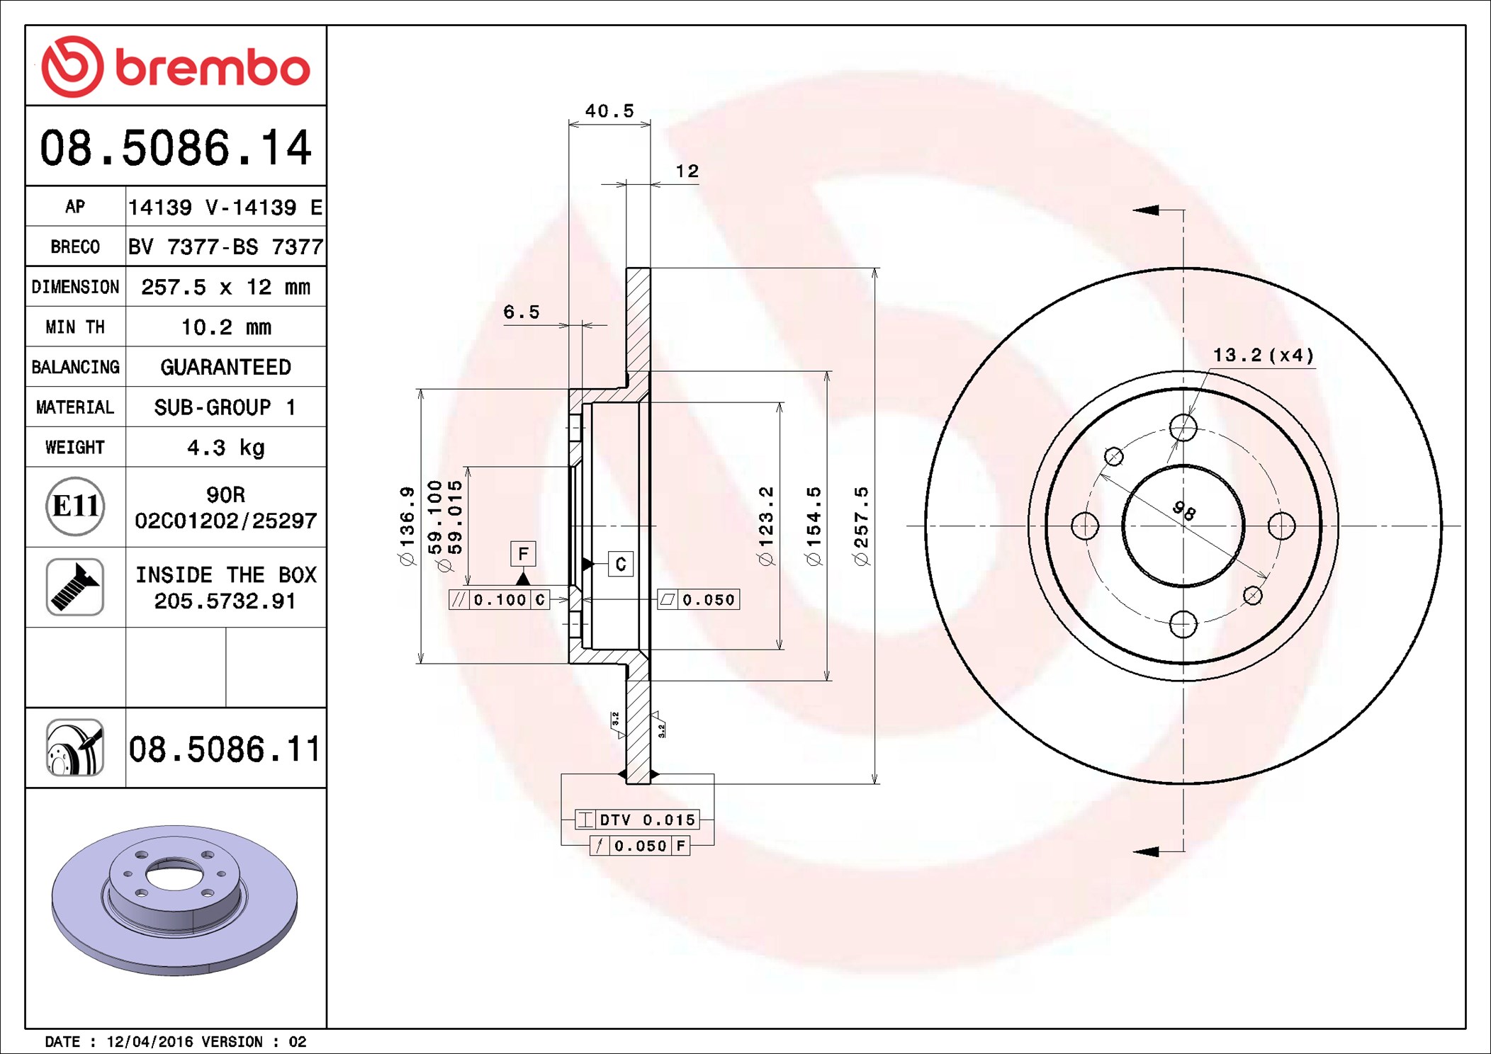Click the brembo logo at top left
tap(175, 67)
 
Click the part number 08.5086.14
tap(175, 148)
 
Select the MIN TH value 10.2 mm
tap(226, 327)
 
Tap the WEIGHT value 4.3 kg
tap(226, 448)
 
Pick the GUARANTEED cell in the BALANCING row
tap(226, 367)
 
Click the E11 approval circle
tap(75, 506)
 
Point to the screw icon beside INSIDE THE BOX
tap(75, 587)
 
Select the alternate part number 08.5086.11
tap(225, 749)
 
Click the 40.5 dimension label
tap(609, 111)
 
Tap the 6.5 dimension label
tap(522, 312)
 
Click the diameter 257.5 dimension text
tap(861, 526)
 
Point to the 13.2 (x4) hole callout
tap(1264, 355)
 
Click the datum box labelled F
tap(523, 553)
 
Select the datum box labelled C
tap(621, 564)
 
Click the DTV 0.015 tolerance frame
tap(637, 820)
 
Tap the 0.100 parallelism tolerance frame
tap(499, 600)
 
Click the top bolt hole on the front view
tap(1183, 428)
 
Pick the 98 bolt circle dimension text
tap(1184, 511)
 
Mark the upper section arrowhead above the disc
tap(1145, 210)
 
